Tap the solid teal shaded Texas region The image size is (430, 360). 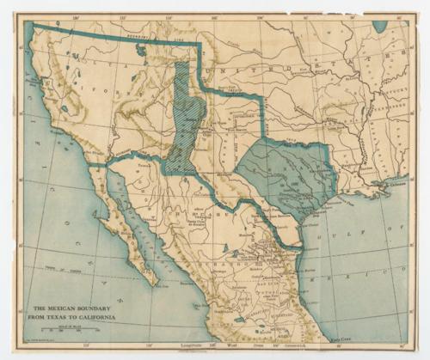click(x=284, y=176)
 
